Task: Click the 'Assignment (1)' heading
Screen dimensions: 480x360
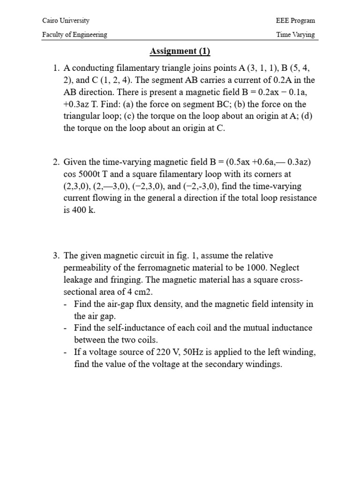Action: click(x=180, y=51)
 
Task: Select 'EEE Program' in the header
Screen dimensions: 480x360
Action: click(x=296, y=21)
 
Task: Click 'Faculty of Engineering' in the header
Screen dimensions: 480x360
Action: click(x=75, y=34)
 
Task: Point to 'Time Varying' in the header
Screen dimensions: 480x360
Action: click(x=296, y=34)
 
